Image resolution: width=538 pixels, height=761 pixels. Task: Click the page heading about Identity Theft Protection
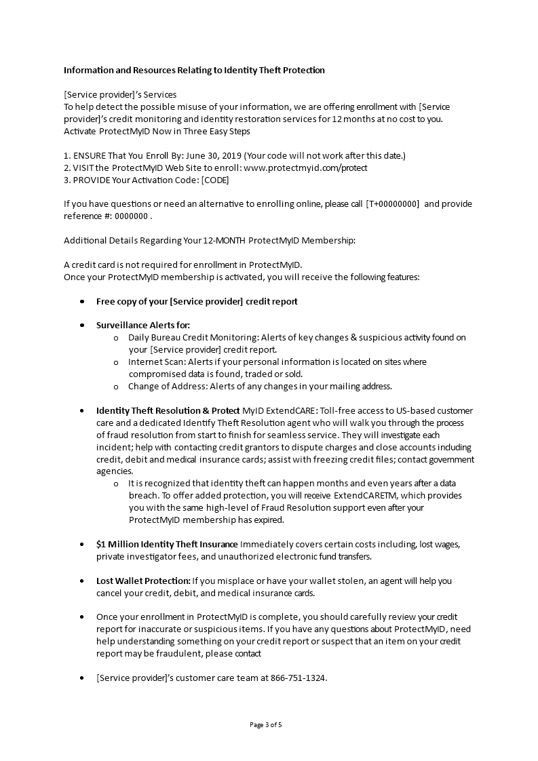point(194,70)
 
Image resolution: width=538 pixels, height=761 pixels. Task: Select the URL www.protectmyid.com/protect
point(305,168)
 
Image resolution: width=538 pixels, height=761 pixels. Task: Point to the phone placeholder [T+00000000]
point(392,204)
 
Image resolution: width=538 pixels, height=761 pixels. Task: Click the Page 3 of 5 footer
point(266,724)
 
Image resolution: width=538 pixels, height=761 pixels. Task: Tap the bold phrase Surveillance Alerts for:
point(143,325)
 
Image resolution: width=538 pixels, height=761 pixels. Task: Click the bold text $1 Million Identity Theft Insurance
point(167,544)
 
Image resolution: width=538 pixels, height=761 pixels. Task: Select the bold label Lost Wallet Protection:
point(143,581)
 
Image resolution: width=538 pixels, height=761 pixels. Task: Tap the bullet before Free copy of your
point(82,301)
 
